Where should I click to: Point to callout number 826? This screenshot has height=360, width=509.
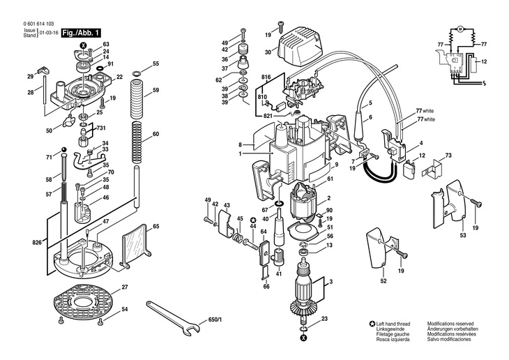pos(36,242)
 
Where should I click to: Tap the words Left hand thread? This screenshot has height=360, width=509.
pos(394,325)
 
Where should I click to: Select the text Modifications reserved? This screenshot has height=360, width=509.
pos(450,325)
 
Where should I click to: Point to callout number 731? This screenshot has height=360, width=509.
pos(100,128)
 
